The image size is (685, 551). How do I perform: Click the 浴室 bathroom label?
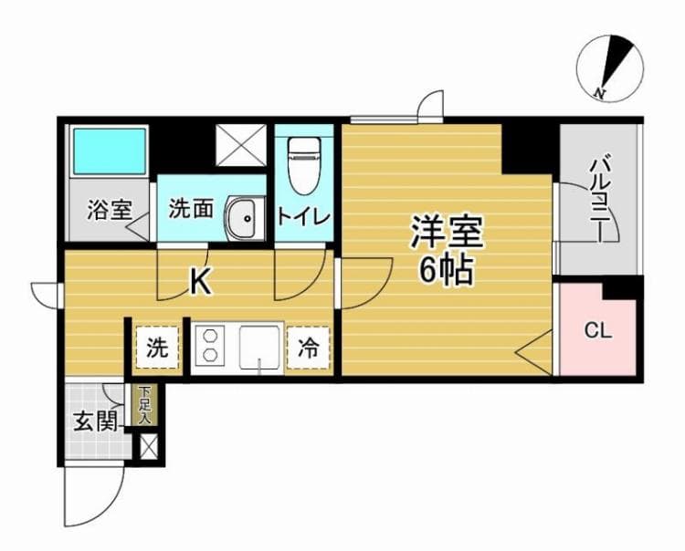point(109,210)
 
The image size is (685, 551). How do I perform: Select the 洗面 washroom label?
point(191,209)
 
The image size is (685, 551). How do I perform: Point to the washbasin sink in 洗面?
point(243,216)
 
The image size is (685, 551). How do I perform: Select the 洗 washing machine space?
point(158,347)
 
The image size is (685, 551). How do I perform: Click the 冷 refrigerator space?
point(310,347)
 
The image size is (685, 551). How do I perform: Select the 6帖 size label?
point(447,271)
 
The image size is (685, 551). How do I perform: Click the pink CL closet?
point(597,330)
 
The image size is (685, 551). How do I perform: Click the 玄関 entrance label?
point(94,421)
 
